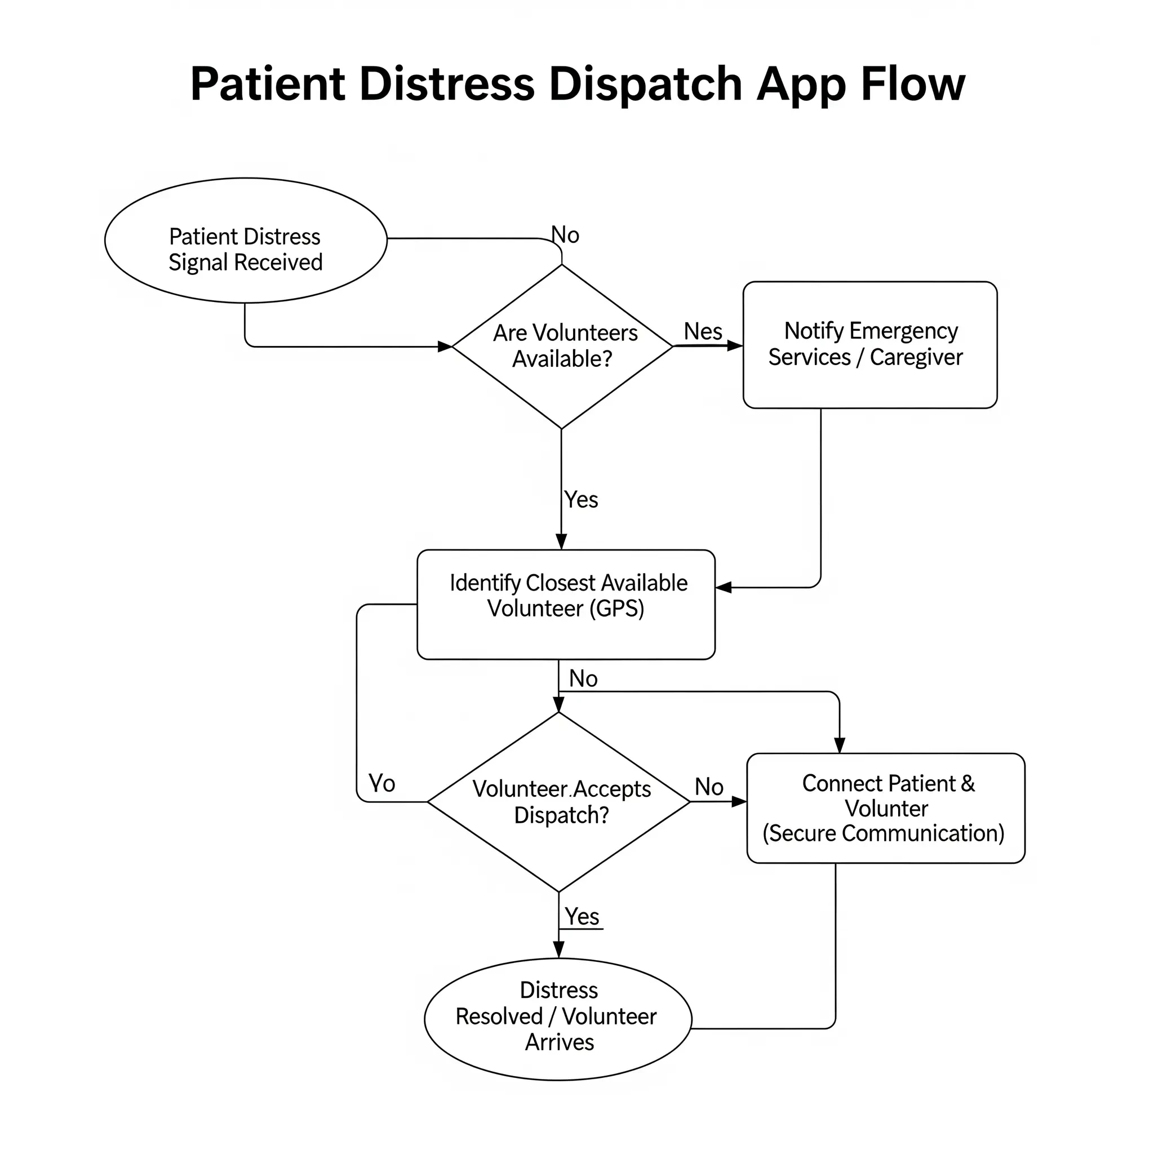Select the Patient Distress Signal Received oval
tap(246, 240)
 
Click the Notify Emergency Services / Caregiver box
tap(869, 345)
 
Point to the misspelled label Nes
tap(703, 331)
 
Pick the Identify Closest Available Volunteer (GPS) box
tap(566, 605)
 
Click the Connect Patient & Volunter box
tap(886, 808)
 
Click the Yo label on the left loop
tap(381, 783)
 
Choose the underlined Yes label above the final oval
tap(582, 917)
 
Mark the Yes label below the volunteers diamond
tap(580, 499)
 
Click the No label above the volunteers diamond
tap(565, 235)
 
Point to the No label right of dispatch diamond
tap(709, 787)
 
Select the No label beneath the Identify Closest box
tap(583, 678)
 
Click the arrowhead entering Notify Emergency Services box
tap(735, 346)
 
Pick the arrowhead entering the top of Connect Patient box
tap(839, 745)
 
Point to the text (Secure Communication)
tap(884, 834)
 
